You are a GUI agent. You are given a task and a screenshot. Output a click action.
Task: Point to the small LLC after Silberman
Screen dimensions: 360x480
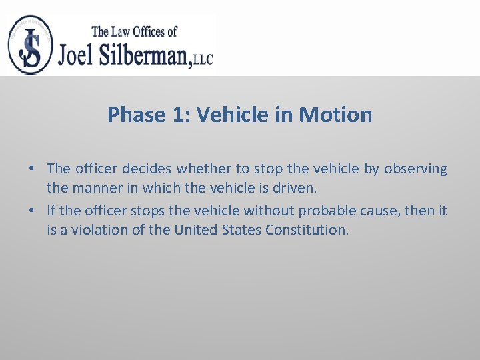pyautogui.click(x=204, y=59)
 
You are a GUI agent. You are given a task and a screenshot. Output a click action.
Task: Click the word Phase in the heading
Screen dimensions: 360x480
pyautogui.click(x=136, y=115)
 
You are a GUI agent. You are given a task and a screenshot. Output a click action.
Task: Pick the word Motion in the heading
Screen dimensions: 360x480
pyautogui.click(x=336, y=115)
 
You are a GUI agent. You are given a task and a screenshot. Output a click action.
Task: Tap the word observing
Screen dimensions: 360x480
pyautogui.click(x=415, y=169)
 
